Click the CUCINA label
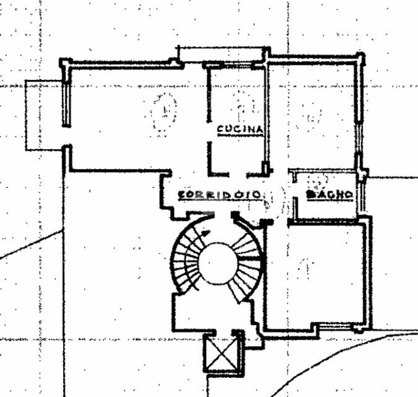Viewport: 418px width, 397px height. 240,129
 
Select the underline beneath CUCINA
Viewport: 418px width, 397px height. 240,135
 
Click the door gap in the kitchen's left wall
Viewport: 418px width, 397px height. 209,131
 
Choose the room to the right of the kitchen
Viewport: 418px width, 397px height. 312,116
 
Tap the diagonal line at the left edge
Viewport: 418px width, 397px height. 31,244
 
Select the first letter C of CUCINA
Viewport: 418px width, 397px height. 220,129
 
